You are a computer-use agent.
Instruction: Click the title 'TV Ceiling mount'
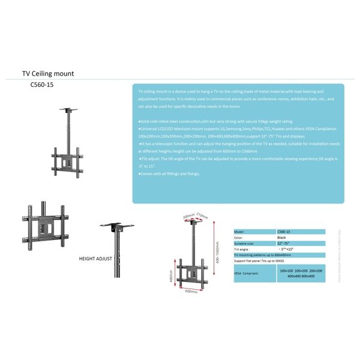coord(48,74)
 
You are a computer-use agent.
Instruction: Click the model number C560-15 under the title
coord(41,85)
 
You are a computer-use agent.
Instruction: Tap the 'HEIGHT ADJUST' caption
coord(95,259)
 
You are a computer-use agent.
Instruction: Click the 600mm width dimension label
coord(191,292)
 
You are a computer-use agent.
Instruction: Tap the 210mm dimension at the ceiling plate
coord(202,214)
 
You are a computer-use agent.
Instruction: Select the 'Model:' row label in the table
coord(239,231)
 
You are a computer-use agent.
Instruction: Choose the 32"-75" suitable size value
coord(284,243)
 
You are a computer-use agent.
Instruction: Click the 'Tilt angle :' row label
coord(242,249)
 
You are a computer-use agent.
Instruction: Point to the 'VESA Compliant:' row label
coord(247,273)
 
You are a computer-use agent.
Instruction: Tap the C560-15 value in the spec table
coord(284,231)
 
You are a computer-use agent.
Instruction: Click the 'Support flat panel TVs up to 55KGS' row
coord(262,261)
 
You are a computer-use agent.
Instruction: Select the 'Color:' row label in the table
coord(239,237)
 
